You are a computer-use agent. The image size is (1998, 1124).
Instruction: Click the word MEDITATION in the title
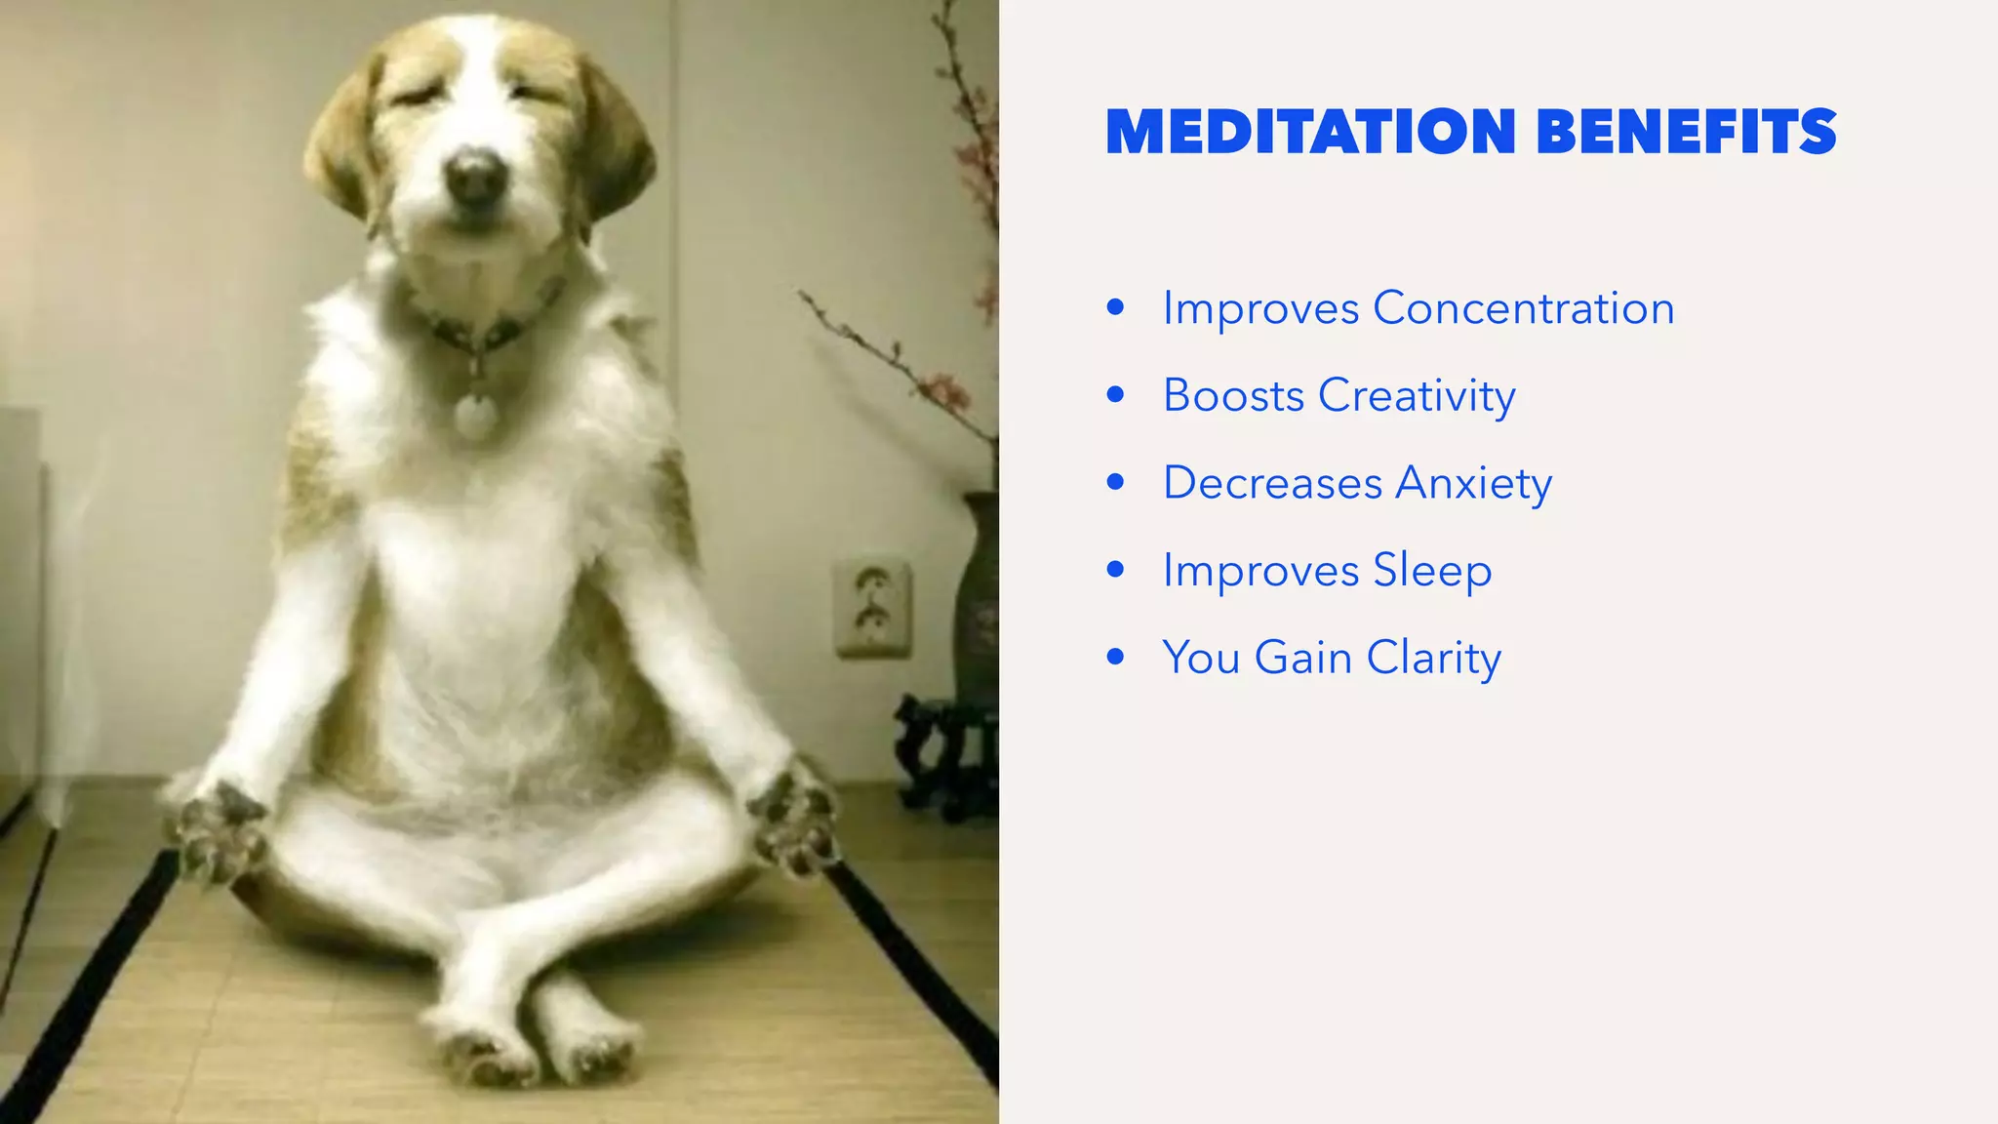(x=1310, y=133)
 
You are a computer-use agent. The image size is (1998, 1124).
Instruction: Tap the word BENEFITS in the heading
(x=1686, y=133)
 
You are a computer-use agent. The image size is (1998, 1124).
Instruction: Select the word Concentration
(x=1523, y=308)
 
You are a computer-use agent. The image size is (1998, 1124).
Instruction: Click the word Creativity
(x=1417, y=396)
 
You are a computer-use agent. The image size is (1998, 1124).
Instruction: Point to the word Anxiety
(x=1473, y=483)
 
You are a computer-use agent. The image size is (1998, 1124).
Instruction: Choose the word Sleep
(x=1432, y=571)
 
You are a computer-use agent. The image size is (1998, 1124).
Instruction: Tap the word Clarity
(x=1433, y=658)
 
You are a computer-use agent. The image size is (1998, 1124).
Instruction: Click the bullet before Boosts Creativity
(x=1116, y=395)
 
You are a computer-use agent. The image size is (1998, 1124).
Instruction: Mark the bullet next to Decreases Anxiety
(x=1116, y=482)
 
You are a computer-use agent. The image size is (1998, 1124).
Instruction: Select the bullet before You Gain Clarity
(x=1116, y=657)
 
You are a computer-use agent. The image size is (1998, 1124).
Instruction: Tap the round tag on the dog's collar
(x=475, y=413)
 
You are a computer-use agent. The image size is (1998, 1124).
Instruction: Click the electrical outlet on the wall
(x=872, y=607)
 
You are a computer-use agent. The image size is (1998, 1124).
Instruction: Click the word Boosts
(x=1233, y=396)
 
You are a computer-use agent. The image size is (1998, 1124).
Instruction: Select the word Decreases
(x=1272, y=483)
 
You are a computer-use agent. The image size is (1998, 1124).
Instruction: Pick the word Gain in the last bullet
(x=1302, y=658)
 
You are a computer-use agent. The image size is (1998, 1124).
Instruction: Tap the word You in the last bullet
(x=1200, y=658)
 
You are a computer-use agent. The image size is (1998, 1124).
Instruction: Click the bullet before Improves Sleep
(x=1116, y=570)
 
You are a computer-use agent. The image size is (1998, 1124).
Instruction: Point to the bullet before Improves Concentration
(x=1116, y=308)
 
